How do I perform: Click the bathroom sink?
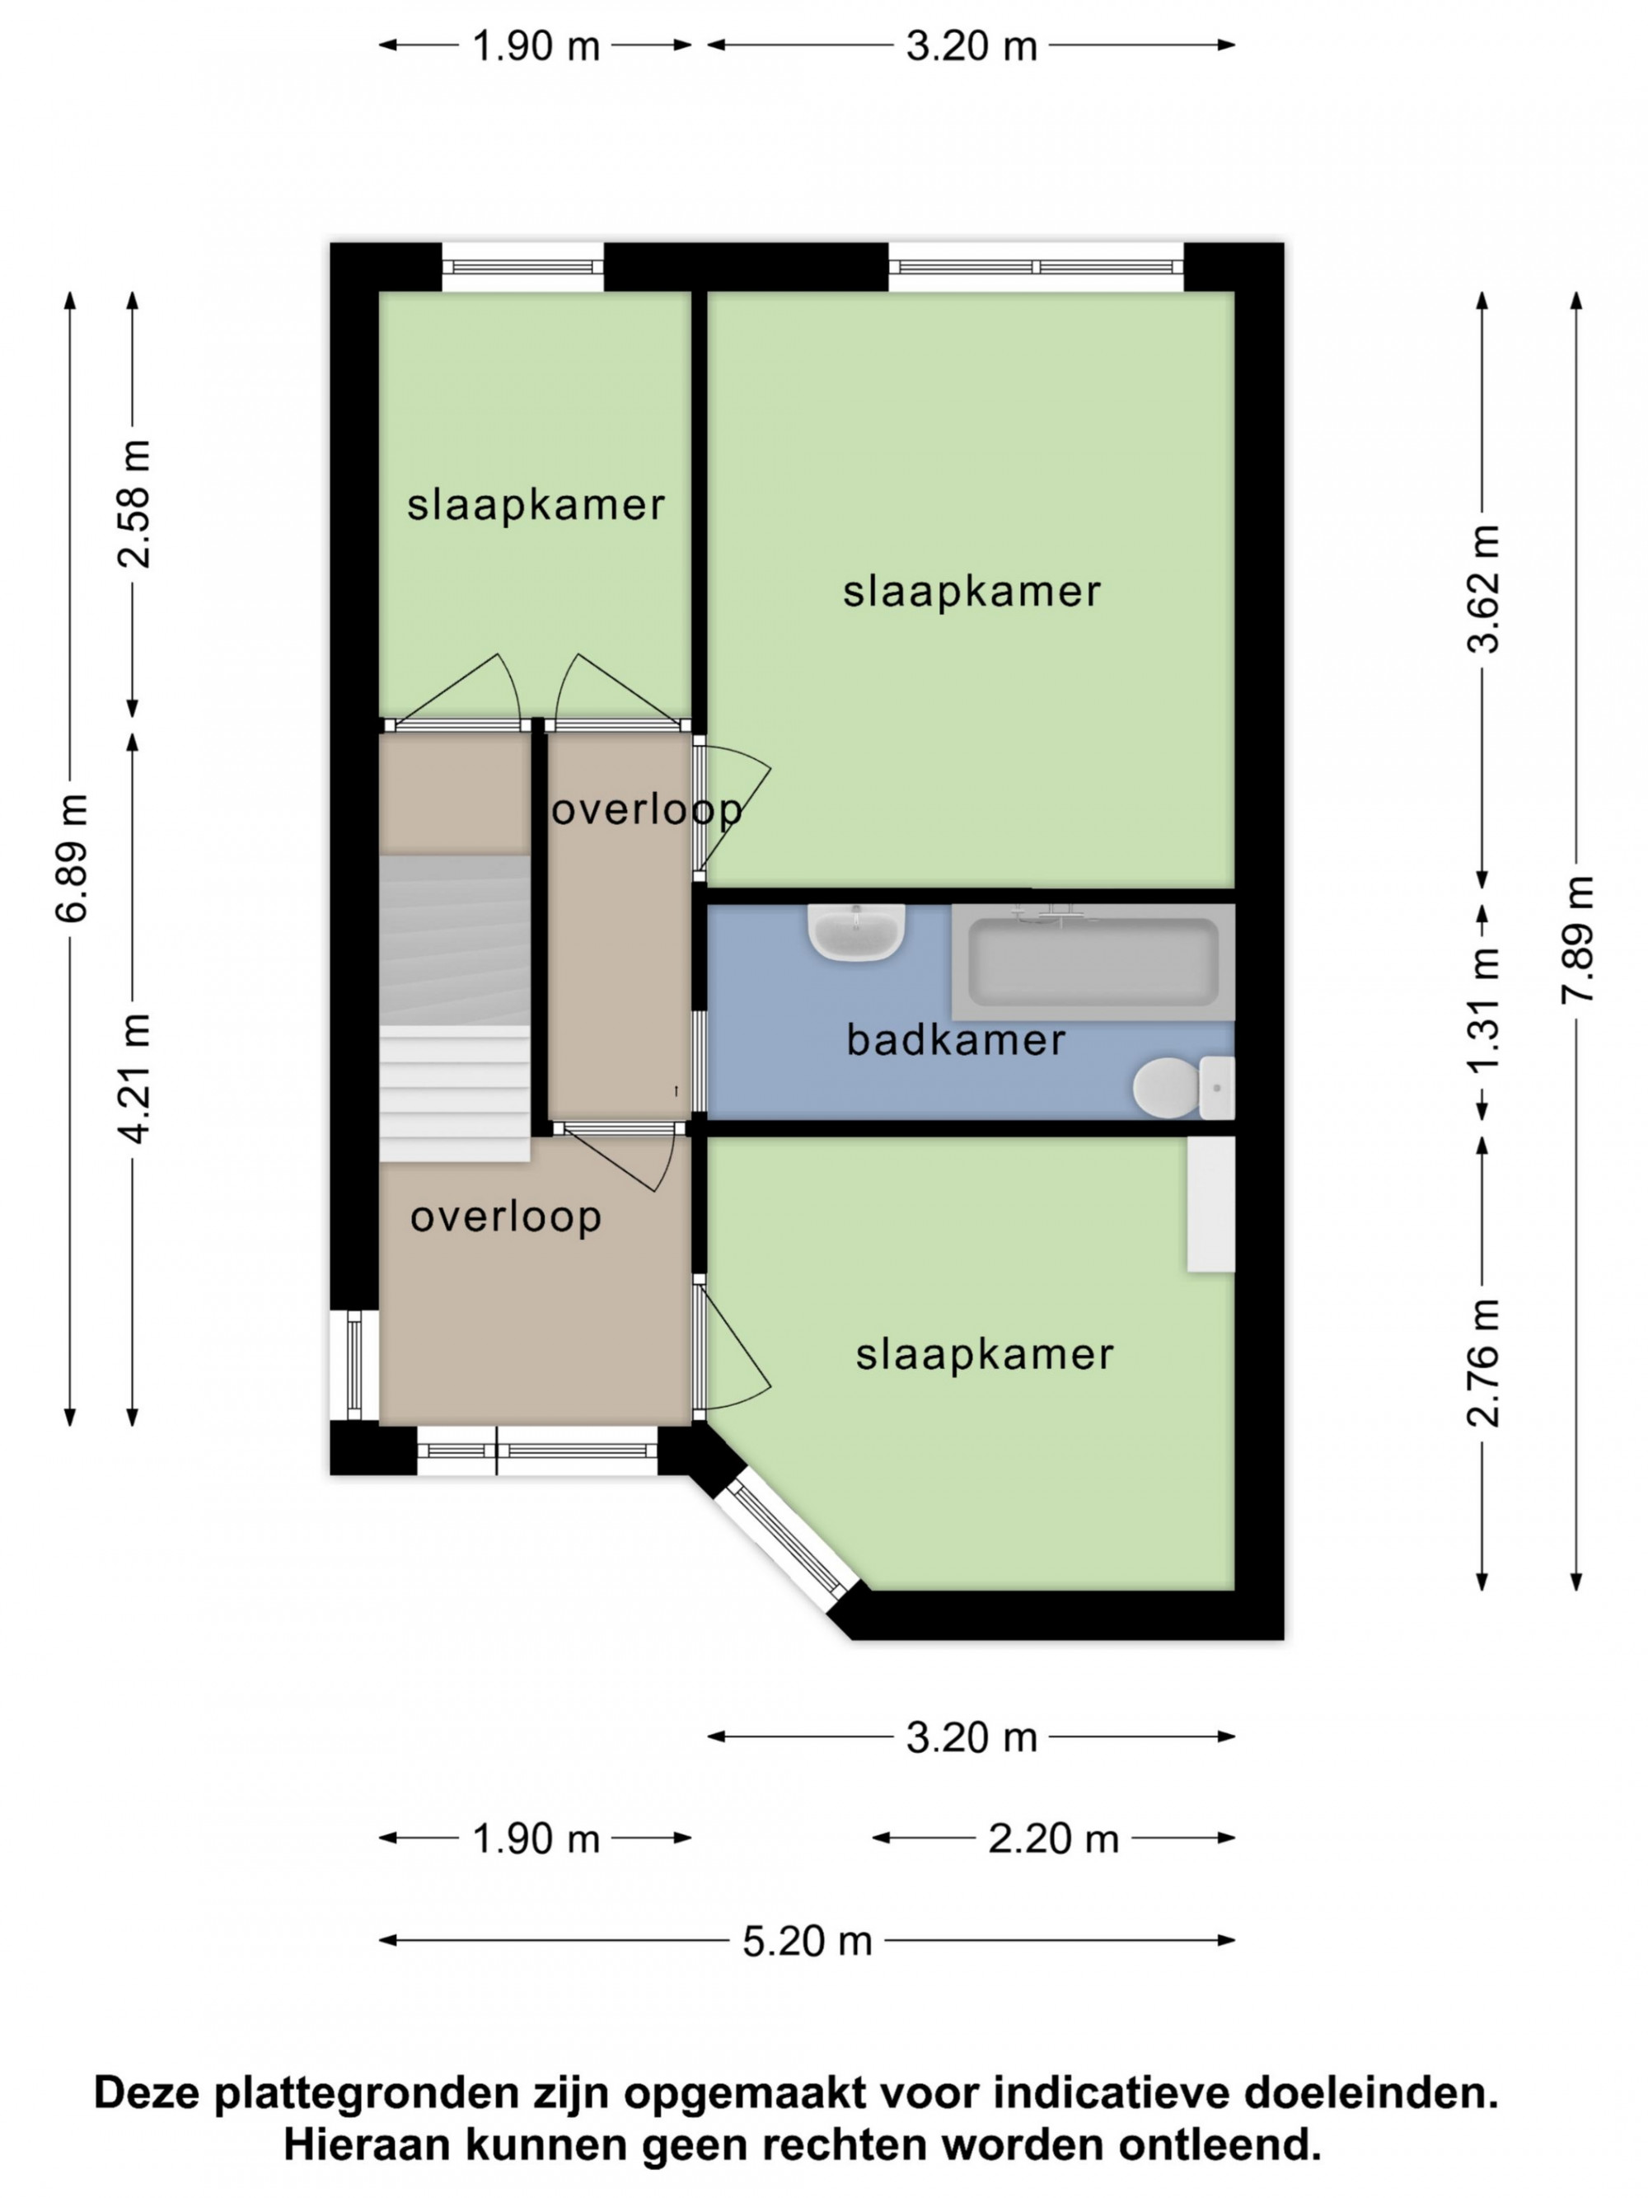tap(855, 932)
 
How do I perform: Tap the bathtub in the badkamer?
tap(1093, 961)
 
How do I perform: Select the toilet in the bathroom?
tap(1183, 1087)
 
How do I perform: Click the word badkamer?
tap(956, 1040)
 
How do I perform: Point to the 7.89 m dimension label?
tap(1576, 939)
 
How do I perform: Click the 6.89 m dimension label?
tap(72, 859)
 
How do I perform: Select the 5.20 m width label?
tap(808, 1941)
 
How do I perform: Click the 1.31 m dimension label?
tap(1482, 1010)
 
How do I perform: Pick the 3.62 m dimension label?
tap(1482, 588)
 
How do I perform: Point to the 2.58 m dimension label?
tap(133, 504)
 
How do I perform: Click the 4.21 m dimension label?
tap(133, 1078)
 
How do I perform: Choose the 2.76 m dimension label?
tap(1482, 1362)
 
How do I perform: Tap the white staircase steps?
tap(454, 1093)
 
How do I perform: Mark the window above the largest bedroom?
tap(1036, 266)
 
